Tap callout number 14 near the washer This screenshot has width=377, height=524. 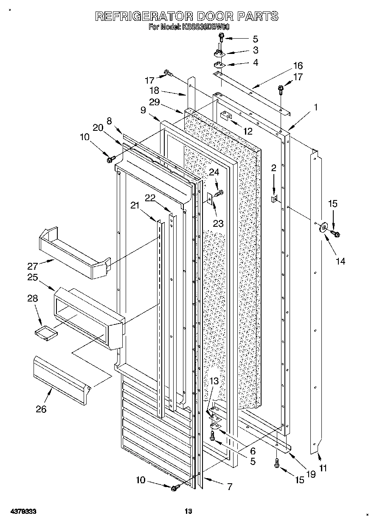coord(340,262)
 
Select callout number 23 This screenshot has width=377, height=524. coord(218,224)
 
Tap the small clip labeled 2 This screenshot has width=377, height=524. coord(275,199)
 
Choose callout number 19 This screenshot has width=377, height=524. coord(311,474)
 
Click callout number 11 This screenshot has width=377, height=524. coord(324,468)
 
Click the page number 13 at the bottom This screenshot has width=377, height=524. coord(188,511)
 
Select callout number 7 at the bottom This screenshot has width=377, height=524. coord(229,487)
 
